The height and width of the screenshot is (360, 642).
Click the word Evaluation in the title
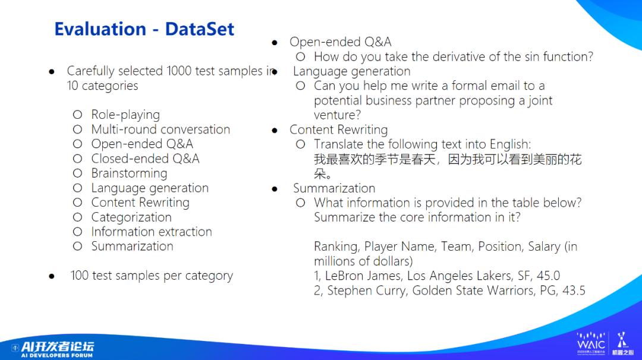pos(100,29)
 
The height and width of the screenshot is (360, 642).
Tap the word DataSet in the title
pos(199,29)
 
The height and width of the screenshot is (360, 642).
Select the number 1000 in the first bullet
pos(179,71)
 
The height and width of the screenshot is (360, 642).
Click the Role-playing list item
pos(125,115)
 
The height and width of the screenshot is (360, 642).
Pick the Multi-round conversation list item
pos(160,130)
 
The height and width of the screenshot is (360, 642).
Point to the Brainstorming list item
pos(129,173)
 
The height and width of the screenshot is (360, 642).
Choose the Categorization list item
pos(131,217)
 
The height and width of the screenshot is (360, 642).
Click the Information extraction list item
pos(152,232)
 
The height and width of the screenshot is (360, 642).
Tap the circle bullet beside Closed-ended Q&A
pos(77,159)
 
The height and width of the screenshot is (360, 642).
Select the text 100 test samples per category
pos(152,276)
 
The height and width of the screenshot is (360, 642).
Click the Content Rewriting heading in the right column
pos(339,130)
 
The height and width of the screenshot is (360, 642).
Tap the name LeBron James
pos(363,276)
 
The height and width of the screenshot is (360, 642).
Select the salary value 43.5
pos(574,290)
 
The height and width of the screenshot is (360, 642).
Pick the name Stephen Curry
pos(367,290)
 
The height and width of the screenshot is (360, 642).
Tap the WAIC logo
pos(591,343)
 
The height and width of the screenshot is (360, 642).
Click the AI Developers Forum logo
pos(53,349)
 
